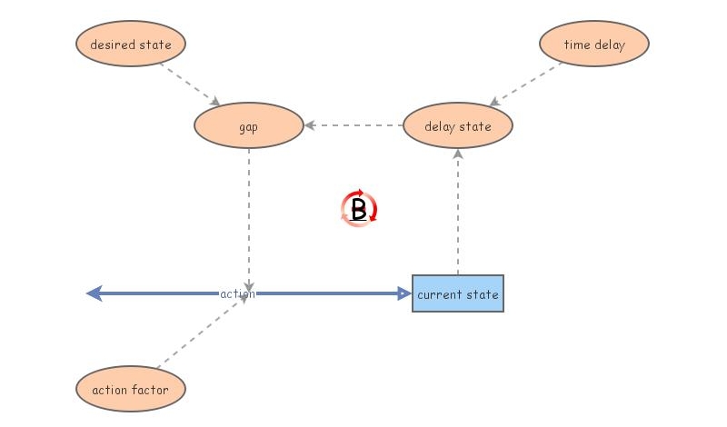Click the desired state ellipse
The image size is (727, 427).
131,44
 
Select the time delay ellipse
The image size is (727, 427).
594,44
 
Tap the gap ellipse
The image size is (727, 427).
248,126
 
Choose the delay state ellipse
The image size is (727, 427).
458,126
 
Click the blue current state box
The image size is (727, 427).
458,293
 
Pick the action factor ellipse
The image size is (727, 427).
131,390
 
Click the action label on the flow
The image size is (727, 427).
237,293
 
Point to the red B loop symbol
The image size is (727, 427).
359,210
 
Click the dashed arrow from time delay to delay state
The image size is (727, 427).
528,84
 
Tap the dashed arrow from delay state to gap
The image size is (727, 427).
354,125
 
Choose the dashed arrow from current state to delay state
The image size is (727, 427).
458,213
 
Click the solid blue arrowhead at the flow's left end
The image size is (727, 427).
95,293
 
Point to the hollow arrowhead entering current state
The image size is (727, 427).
405,293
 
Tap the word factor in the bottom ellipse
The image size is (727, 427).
151,390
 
